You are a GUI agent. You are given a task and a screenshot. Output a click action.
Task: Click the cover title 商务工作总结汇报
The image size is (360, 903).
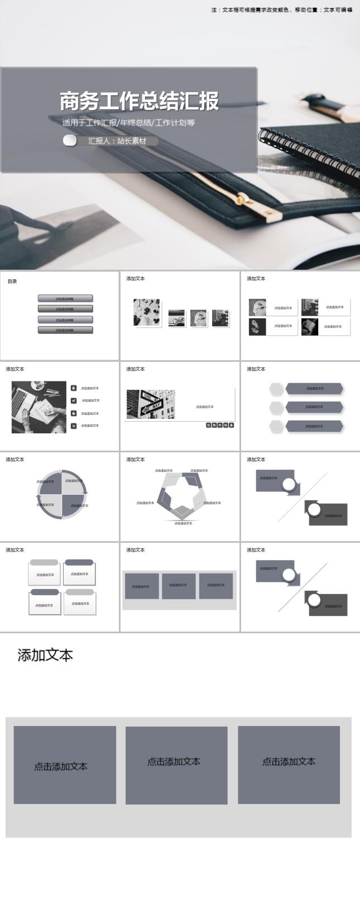tap(139, 101)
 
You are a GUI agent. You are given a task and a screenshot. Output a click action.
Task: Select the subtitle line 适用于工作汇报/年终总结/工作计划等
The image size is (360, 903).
tap(128, 123)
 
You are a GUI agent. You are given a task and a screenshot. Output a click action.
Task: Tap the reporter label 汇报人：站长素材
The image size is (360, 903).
tap(117, 141)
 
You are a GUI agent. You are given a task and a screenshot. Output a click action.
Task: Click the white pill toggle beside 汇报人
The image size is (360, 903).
tap(70, 141)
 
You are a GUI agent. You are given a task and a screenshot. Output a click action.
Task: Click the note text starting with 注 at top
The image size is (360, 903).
tap(281, 9)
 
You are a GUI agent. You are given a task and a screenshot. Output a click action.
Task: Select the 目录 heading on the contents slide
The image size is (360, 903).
tap(12, 281)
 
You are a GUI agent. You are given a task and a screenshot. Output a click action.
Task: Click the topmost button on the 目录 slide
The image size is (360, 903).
tap(65, 299)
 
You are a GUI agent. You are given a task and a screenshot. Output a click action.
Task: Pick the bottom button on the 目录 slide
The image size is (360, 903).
tap(65, 330)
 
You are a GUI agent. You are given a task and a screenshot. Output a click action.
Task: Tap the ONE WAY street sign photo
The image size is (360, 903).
tap(151, 404)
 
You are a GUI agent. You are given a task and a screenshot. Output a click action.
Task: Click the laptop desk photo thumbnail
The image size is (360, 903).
tap(39, 407)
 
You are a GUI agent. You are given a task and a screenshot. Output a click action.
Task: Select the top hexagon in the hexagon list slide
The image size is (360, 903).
tap(277, 389)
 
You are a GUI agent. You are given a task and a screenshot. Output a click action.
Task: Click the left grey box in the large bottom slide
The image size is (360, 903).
tap(65, 765)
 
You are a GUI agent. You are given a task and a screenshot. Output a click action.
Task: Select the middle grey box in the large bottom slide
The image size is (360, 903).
tap(176, 765)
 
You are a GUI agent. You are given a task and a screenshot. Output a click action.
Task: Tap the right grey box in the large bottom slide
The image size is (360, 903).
tap(289, 764)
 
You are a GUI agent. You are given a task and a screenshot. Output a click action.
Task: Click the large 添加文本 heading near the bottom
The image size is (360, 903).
tap(45, 655)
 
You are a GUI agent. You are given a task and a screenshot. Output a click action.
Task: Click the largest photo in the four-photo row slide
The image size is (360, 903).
tap(147, 312)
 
